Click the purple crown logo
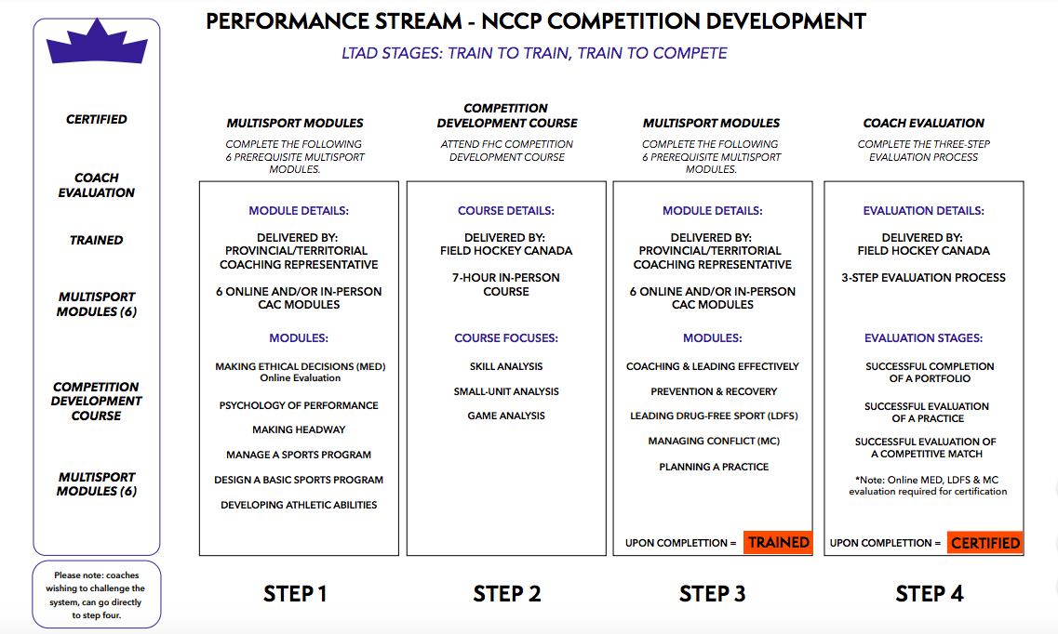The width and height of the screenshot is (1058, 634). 97,44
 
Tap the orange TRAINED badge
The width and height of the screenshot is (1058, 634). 778,542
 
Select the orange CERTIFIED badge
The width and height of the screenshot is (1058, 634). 985,542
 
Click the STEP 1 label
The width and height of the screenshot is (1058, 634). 295,594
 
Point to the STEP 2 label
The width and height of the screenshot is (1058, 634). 507,594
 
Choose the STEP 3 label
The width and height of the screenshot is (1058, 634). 712,594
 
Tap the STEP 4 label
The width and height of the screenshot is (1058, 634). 930,594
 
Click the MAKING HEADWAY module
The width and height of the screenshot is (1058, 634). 299,429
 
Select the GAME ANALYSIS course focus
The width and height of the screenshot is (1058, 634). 506,416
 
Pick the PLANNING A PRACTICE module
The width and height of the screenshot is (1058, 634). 714,467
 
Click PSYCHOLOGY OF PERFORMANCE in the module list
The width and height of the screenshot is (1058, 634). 299,405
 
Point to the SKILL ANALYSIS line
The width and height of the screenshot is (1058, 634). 506,366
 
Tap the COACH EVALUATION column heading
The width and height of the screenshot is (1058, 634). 923,124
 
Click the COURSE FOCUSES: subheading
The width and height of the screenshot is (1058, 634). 506,338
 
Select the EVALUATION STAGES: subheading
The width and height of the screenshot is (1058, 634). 923,338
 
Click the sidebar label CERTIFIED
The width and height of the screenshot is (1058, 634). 97,119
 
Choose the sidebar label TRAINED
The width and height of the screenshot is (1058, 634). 97,240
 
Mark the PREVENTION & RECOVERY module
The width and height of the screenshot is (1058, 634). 714,391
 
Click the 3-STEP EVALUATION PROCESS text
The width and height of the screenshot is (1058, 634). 923,278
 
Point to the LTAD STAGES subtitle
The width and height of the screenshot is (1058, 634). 534,53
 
